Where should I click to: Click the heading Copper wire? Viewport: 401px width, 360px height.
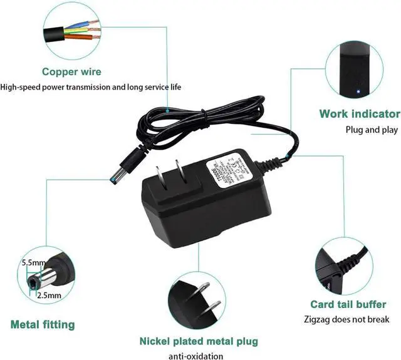[x=71, y=72]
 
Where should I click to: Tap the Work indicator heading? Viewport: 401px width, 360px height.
[x=359, y=114]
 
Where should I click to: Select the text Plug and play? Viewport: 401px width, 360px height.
[x=372, y=130]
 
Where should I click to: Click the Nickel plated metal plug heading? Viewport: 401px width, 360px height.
[x=199, y=342]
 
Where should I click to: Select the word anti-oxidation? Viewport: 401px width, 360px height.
[x=196, y=356]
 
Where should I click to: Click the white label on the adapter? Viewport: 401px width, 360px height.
[x=230, y=169]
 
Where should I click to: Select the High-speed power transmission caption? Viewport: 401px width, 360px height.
[x=91, y=87]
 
